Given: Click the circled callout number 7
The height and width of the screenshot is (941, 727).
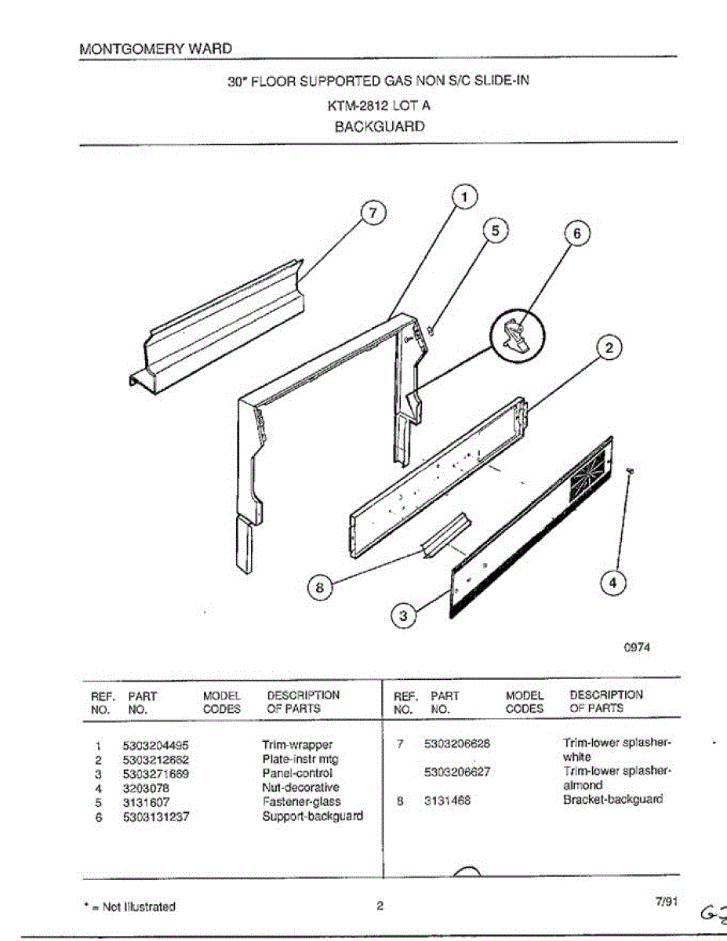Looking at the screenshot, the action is click(x=374, y=213).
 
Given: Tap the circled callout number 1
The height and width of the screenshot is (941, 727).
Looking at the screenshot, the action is click(x=464, y=198).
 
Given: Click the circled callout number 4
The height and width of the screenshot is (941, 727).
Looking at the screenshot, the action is click(x=614, y=583).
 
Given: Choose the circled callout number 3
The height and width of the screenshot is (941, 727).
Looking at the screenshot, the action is click(x=403, y=617).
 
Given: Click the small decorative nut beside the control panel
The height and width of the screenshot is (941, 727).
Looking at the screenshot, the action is click(x=631, y=470).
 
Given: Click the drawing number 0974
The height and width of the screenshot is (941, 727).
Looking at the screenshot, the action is click(x=636, y=647).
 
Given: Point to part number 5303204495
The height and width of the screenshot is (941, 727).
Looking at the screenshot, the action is click(x=156, y=745).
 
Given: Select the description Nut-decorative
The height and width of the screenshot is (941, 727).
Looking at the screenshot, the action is click(x=300, y=787).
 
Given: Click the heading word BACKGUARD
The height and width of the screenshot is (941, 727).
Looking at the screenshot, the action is click(x=380, y=126).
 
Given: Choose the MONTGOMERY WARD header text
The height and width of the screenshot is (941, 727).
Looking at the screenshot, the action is click(x=155, y=49).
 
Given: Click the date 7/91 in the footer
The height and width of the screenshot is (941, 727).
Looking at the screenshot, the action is click(x=665, y=903).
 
